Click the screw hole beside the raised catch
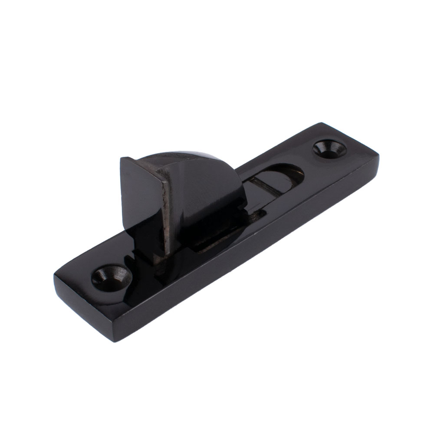(x=112, y=275)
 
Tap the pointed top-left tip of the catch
(x=121, y=159)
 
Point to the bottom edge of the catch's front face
(x=148, y=243)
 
